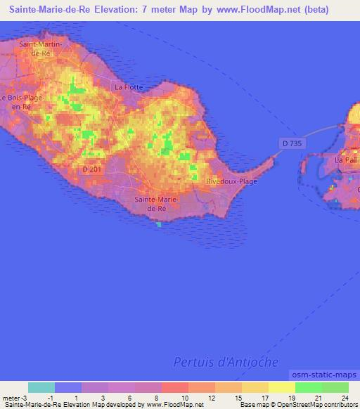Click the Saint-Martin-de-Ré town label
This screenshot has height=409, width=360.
coord(41,48)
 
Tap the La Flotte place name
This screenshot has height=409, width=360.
coord(129,87)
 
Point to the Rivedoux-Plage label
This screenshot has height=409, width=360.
coord(231,181)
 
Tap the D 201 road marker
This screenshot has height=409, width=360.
coord(92,169)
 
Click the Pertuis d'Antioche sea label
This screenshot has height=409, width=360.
coord(226,362)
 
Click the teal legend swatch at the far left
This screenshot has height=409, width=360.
coord(41,387)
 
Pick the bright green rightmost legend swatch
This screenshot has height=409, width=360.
coord(335,387)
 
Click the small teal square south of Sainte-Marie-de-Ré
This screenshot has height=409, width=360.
coord(158,225)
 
